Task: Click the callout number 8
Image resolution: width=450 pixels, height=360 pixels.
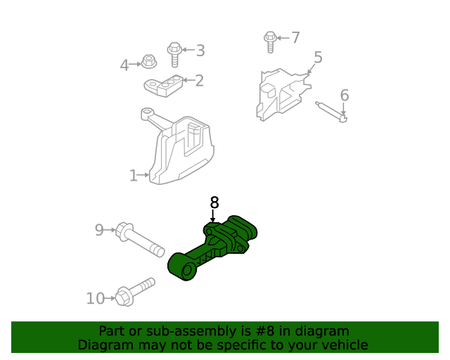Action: [214, 202]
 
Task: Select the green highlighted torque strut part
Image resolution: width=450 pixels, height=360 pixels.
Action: [214, 250]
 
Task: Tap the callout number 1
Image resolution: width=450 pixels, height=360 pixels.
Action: [133, 176]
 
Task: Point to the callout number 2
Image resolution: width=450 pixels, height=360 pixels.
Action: [199, 81]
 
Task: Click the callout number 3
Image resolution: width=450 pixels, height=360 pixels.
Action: [200, 50]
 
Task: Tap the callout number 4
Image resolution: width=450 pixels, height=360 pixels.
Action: [124, 65]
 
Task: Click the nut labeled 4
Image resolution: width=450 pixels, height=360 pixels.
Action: [148, 62]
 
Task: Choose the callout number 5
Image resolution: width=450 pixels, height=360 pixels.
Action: [318, 58]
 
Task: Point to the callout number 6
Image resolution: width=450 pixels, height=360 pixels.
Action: [345, 95]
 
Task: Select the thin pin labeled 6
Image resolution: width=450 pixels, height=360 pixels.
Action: [331, 112]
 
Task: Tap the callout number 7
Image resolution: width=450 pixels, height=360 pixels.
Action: [295, 37]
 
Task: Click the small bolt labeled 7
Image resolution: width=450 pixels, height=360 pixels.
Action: [271, 41]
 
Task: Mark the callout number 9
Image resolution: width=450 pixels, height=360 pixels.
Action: [99, 229]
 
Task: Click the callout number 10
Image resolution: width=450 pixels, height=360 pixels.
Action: [95, 299]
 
